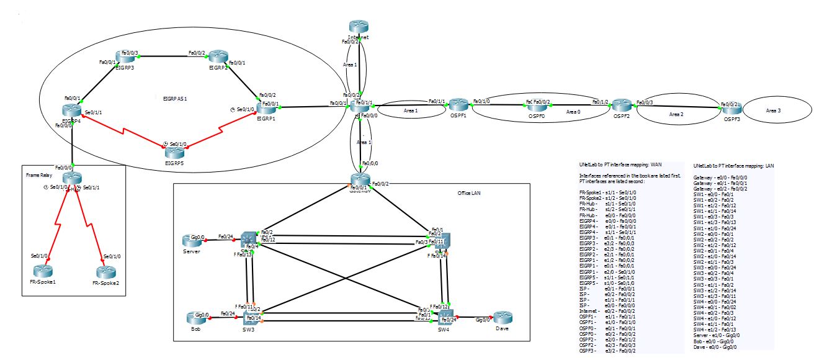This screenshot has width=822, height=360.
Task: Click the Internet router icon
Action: tap(359, 27)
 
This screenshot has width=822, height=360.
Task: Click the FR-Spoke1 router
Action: tap(43, 271)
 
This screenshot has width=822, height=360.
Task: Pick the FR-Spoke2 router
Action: tap(105, 271)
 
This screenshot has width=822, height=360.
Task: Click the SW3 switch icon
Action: tap(251, 319)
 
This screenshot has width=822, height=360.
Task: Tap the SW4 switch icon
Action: tap(445, 318)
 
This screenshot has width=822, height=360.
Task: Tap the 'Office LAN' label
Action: tap(469, 193)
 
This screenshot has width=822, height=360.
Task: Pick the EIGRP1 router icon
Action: tap(270, 109)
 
